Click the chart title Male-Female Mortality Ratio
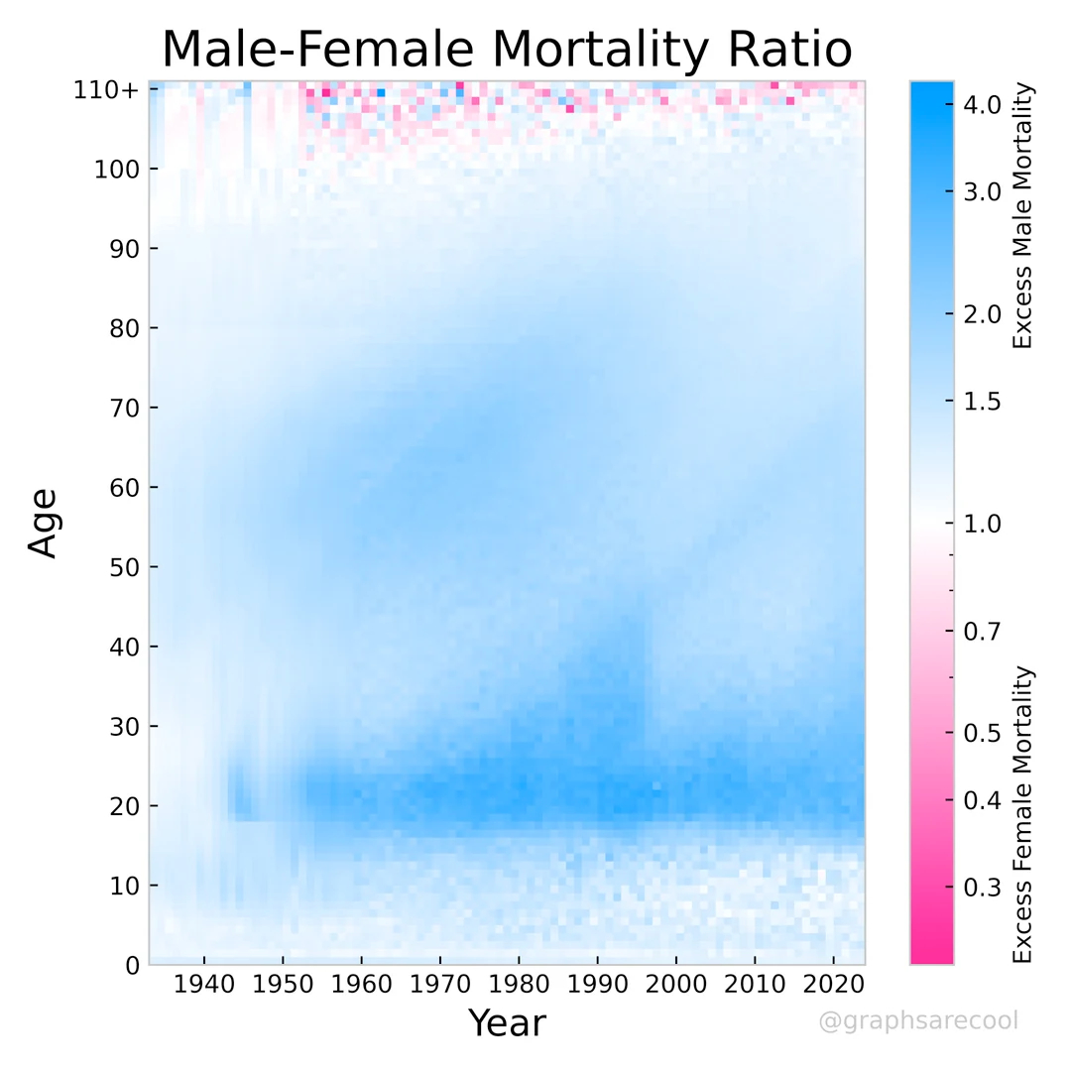pos(507,50)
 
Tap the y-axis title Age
pos(44,522)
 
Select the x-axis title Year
pos(507,1022)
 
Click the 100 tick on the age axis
pos(116,169)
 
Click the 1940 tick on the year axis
pos(204,988)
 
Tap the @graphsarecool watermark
pos(918,1020)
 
